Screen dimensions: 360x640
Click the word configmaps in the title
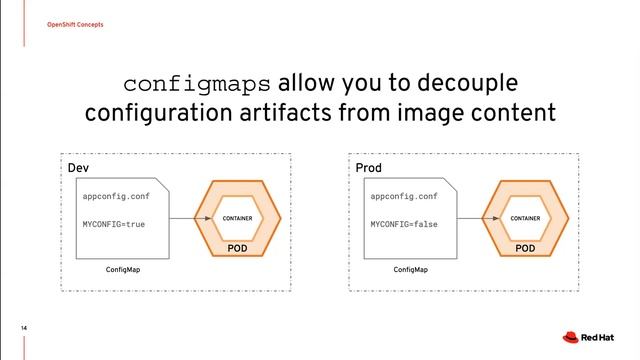[198, 82]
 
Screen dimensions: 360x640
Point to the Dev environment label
[77, 167]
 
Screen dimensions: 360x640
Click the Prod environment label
[369, 167]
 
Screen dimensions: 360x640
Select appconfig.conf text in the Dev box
[116, 197]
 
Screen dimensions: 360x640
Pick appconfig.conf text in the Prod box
[404, 197]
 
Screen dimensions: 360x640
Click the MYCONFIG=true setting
[113, 224]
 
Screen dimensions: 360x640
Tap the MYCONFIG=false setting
[404, 224]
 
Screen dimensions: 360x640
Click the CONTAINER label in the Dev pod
[237, 218]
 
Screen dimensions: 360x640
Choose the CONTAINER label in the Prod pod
[525, 218]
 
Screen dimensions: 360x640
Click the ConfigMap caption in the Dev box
[122, 270]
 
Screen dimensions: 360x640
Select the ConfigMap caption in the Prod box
[410, 270]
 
